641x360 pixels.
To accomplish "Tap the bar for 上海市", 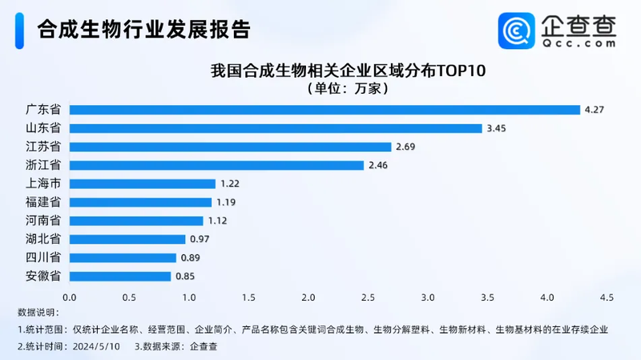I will click(x=143, y=184).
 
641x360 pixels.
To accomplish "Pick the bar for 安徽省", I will click(x=120, y=277).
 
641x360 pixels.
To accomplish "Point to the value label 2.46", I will click(x=377, y=165).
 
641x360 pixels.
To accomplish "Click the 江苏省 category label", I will click(x=43, y=147).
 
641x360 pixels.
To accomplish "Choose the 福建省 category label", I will click(x=43, y=202).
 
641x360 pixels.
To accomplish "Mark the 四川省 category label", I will click(x=43, y=258).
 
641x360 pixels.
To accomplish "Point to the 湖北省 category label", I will click(x=43, y=240).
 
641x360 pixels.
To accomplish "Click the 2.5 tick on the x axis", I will click(x=368, y=297).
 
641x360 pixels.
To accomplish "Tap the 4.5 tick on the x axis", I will click(x=607, y=297).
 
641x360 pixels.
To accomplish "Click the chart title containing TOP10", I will click(x=348, y=71).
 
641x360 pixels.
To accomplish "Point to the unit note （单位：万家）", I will click(x=348, y=89).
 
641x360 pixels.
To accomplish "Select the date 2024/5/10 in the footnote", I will click(x=97, y=346).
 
